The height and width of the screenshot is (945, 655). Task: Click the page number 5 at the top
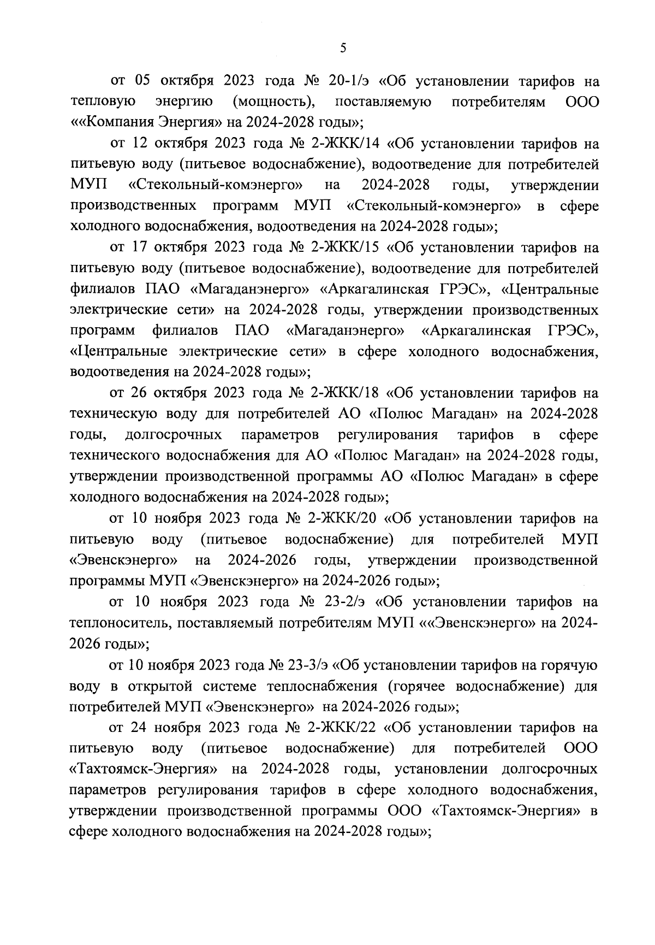coord(343,48)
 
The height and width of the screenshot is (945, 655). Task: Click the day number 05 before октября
coord(142,82)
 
